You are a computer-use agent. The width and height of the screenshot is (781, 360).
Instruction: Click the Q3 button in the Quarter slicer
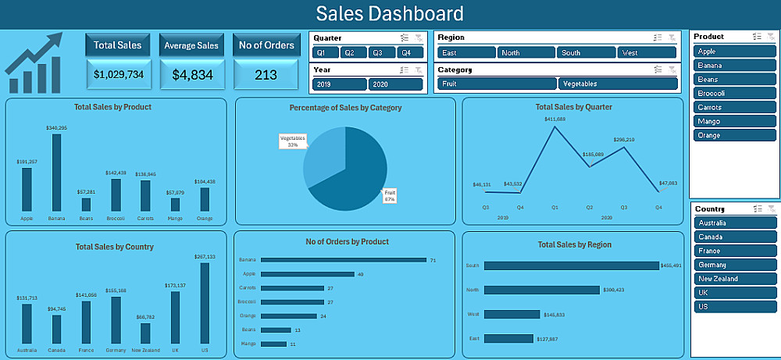click(377, 52)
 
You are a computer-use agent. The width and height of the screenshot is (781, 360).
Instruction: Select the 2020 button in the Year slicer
click(380, 84)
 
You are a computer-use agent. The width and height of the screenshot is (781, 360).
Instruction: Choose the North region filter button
click(526, 52)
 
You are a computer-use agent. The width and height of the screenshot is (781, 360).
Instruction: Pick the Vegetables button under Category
click(617, 84)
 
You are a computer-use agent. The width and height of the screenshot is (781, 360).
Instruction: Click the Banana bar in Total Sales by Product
click(56, 173)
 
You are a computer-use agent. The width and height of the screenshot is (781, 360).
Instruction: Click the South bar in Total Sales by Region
click(571, 266)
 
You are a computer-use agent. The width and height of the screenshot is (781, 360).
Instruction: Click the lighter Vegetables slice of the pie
click(322, 160)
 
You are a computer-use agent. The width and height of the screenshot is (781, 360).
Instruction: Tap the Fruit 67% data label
click(390, 195)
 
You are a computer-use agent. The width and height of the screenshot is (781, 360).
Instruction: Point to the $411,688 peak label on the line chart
click(555, 119)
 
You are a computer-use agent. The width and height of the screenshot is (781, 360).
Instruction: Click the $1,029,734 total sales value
click(118, 74)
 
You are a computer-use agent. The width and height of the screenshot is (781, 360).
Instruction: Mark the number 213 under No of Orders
click(266, 75)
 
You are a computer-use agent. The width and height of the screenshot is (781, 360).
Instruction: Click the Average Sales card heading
click(191, 45)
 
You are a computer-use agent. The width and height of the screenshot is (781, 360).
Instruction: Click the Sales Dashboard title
click(390, 13)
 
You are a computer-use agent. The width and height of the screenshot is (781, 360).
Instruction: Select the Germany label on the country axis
click(115, 350)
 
